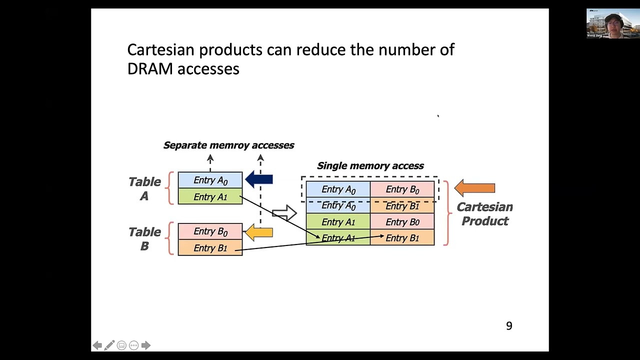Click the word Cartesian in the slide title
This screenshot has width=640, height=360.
[x=162, y=50]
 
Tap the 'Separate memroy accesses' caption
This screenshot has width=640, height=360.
[x=228, y=145]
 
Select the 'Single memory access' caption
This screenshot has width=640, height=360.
[x=370, y=165]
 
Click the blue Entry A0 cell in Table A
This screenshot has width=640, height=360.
[x=210, y=180]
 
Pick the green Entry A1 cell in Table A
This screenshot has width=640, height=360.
[x=210, y=196]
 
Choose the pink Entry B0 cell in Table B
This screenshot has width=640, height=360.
[x=210, y=231]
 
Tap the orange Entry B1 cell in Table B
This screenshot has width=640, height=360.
[x=210, y=248]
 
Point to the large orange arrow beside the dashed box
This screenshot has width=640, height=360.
[x=474, y=188]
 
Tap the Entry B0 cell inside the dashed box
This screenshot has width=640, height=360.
[x=402, y=189]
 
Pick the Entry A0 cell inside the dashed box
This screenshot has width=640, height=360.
[x=338, y=189]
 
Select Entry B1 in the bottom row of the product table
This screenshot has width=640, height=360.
[x=402, y=238]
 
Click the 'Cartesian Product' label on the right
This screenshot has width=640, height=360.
[x=484, y=214]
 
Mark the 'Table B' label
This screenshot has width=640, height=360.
[x=144, y=238]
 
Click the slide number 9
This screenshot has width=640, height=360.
[x=509, y=326]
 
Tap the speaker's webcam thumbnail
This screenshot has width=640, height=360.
[x=612, y=23]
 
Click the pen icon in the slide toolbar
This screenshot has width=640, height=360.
[x=109, y=345]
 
